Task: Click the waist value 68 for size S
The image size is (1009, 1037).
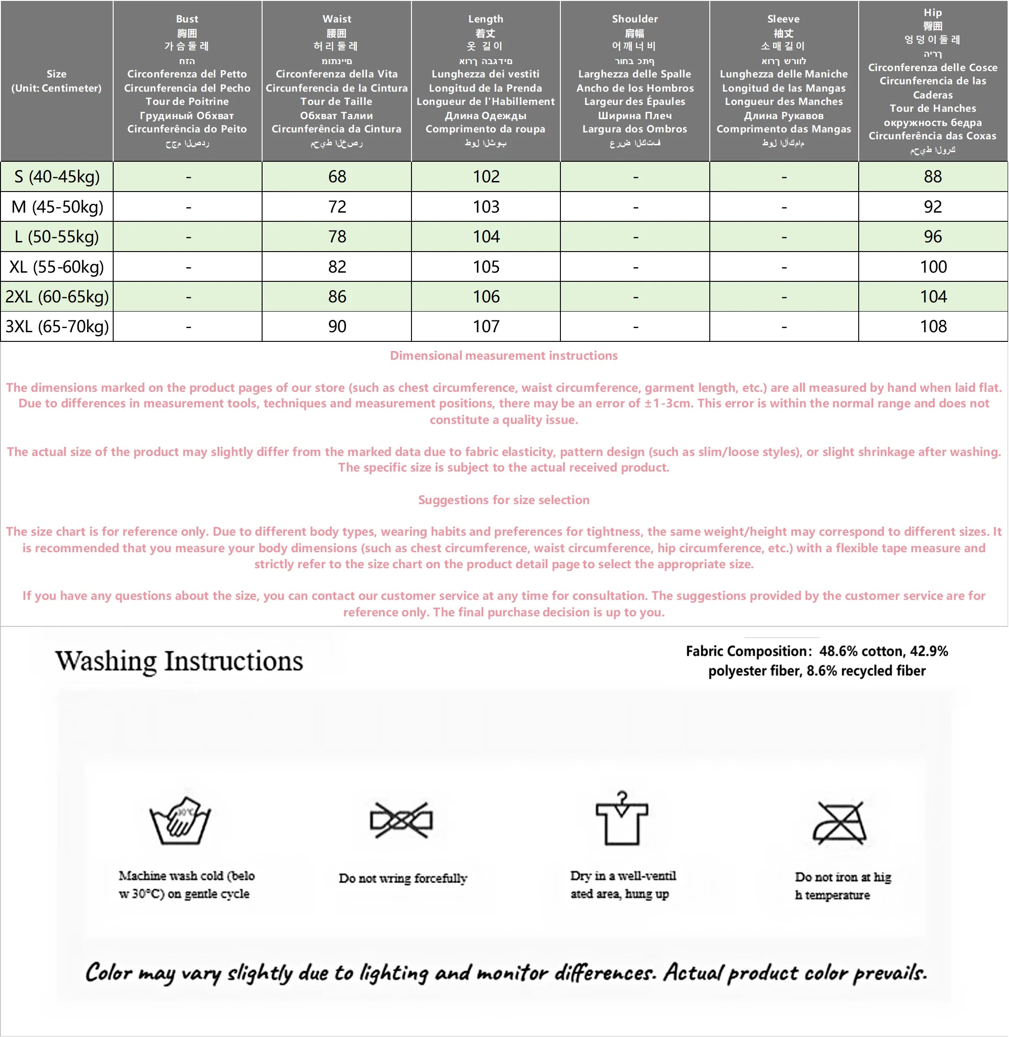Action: tap(337, 176)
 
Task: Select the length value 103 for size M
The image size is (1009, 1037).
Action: tap(486, 207)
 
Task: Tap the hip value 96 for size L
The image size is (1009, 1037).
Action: tap(932, 236)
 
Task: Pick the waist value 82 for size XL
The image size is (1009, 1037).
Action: tap(337, 267)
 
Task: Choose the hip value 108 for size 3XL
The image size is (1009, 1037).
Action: tap(932, 326)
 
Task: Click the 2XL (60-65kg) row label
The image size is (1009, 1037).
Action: tap(57, 297)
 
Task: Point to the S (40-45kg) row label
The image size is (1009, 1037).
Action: tap(57, 176)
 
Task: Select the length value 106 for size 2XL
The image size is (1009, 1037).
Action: tap(486, 297)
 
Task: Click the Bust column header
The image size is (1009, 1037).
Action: tap(187, 81)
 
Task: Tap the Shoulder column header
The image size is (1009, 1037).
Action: tap(635, 81)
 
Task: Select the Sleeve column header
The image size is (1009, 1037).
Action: tap(783, 81)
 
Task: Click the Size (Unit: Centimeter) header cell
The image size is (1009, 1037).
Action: tap(57, 81)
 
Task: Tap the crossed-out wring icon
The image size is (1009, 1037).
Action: tap(401, 820)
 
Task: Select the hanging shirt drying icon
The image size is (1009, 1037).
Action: tap(622, 819)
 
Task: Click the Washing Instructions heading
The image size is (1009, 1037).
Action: tap(179, 661)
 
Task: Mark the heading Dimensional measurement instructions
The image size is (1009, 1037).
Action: tap(504, 356)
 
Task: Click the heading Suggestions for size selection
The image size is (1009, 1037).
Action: tap(504, 499)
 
